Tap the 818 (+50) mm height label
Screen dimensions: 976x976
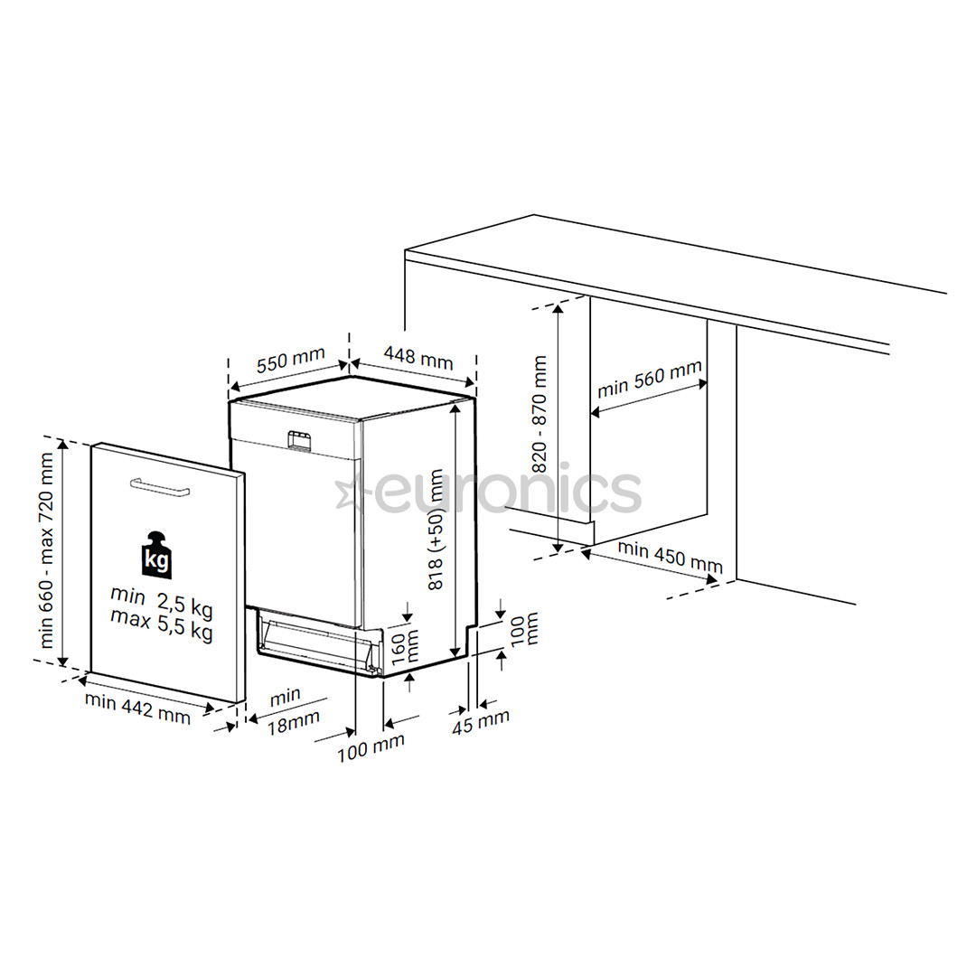coord(438,530)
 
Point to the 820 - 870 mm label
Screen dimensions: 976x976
coord(540,414)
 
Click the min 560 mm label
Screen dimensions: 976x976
coord(649,380)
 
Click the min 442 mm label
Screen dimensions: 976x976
coord(137,708)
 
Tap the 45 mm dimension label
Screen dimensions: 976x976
coord(481,721)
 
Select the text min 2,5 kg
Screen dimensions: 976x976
coord(161,597)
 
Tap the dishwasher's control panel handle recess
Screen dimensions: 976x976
coord(299,439)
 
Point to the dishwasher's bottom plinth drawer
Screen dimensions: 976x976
coord(316,642)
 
